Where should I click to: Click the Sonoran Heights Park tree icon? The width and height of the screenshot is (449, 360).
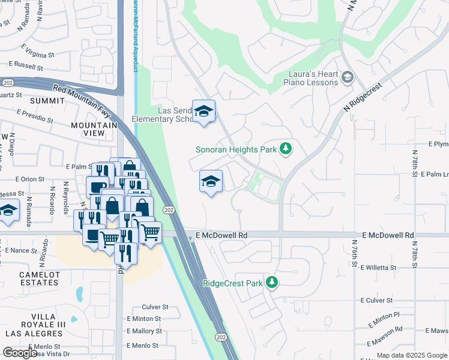pyautogui.click(x=286, y=148)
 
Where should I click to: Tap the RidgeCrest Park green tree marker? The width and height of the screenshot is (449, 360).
pyautogui.click(x=272, y=282)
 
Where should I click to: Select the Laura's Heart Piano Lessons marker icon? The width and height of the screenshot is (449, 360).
pyautogui.click(x=346, y=77)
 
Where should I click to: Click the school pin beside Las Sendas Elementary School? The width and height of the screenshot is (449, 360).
pyautogui.click(x=204, y=111)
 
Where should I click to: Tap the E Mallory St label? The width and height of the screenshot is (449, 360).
pyautogui.click(x=144, y=331)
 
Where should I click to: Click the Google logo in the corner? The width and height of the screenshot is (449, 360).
pyautogui.click(x=20, y=353)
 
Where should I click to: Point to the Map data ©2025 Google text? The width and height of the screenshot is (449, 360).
pyautogui.click(x=411, y=355)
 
